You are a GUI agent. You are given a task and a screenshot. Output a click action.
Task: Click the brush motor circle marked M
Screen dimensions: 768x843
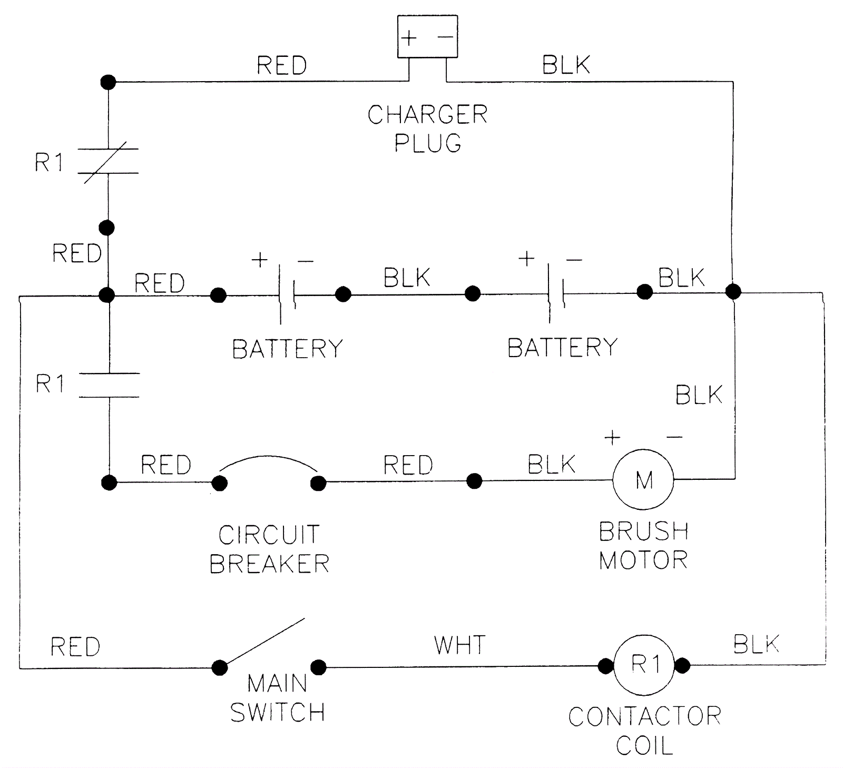point(643,479)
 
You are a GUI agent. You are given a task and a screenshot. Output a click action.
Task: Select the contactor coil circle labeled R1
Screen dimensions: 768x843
point(644,665)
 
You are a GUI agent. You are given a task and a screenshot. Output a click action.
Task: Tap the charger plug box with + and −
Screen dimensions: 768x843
point(427,37)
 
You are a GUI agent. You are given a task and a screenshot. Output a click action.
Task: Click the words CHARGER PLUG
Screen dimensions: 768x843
point(427,129)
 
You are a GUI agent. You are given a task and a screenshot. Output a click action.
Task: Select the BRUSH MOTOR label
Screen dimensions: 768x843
point(643,546)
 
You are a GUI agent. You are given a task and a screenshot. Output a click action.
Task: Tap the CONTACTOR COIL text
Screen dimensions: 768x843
point(644,731)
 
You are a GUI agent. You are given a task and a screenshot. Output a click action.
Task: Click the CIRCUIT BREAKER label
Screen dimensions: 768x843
point(269,549)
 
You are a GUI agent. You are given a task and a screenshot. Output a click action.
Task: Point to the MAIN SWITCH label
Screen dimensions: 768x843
point(277,698)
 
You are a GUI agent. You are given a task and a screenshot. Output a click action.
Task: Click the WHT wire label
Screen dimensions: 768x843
point(459,645)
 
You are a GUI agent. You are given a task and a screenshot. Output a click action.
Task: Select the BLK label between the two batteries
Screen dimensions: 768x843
point(407,278)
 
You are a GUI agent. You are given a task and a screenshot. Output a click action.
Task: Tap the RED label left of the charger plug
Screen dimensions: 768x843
point(281,66)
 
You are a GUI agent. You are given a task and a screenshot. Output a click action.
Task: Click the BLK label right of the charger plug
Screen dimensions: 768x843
point(566,65)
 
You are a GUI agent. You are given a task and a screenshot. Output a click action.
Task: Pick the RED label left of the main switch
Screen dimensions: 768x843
point(75,647)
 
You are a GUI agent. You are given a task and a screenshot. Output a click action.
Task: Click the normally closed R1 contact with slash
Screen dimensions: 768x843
point(108,161)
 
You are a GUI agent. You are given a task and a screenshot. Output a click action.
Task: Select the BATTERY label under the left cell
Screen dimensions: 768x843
point(288,349)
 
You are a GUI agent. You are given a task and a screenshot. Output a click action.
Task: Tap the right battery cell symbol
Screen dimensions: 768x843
point(555,293)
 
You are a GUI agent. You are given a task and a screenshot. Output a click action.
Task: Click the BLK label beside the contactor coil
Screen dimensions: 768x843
point(756,644)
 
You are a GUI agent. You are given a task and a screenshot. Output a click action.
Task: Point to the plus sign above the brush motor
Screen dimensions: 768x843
point(612,438)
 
